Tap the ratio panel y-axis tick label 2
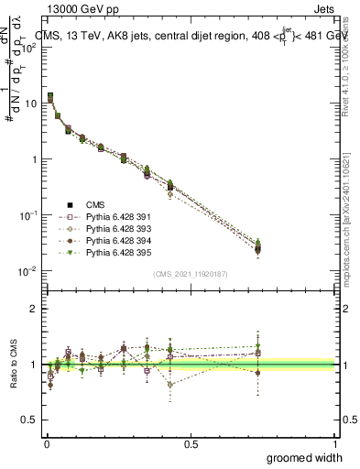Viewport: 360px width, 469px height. coord(34,309)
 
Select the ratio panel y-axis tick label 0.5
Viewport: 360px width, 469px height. coord(30,420)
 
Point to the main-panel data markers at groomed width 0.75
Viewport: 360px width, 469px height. coord(257,246)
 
